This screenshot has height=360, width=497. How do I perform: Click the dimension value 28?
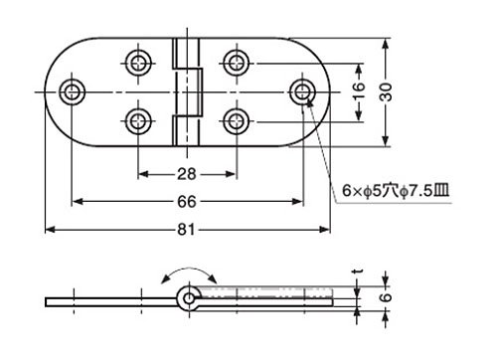click(187, 174)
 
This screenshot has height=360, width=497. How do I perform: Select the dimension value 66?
click(187, 202)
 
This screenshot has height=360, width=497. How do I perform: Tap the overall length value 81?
click(186, 230)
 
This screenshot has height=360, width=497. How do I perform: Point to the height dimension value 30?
click(386, 91)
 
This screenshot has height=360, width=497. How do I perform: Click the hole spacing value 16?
click(359, 90)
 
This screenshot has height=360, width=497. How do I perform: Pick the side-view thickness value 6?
click(386, 297)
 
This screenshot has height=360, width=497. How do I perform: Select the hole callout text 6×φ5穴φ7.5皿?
click(396, 191)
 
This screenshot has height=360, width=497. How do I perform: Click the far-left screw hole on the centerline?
click(72, 91)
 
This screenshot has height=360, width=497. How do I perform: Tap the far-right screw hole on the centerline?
click(302, 91)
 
